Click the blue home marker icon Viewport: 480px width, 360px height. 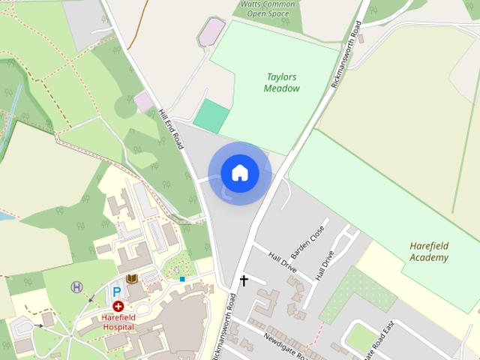239,173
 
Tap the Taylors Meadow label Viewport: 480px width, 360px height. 281,82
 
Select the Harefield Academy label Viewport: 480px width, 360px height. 429,251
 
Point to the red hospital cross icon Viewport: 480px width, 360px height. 118,306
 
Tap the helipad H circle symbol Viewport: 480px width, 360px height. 76,286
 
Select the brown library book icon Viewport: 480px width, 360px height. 133,280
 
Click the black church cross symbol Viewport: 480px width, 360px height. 243,280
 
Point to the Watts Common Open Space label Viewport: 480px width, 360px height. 268,8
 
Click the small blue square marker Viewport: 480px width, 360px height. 182,279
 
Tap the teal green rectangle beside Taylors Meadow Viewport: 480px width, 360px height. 211,115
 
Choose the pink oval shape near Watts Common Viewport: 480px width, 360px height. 211,32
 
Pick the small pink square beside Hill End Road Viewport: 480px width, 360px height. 144,101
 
